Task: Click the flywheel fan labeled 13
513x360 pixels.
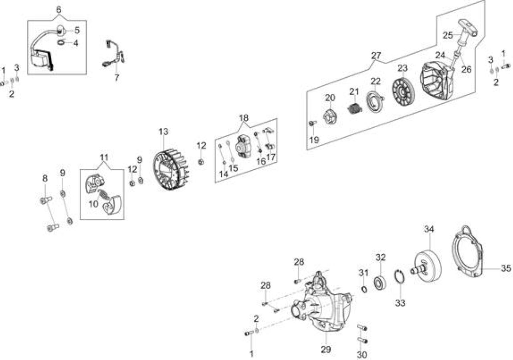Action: point(172,169)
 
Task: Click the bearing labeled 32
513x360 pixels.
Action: point(380,283)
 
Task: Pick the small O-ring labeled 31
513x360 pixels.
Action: point(364,290)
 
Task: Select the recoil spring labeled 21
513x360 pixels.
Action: point(355,108)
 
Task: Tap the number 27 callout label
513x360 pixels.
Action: point(376,55)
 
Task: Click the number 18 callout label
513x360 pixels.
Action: point(243,118)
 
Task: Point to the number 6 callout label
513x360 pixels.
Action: point(59,10)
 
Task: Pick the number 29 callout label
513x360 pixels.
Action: point(326,350)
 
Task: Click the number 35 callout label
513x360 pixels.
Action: point(506,268)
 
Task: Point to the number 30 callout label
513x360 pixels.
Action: point(362,355)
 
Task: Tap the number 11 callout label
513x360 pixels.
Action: point(104,157)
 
